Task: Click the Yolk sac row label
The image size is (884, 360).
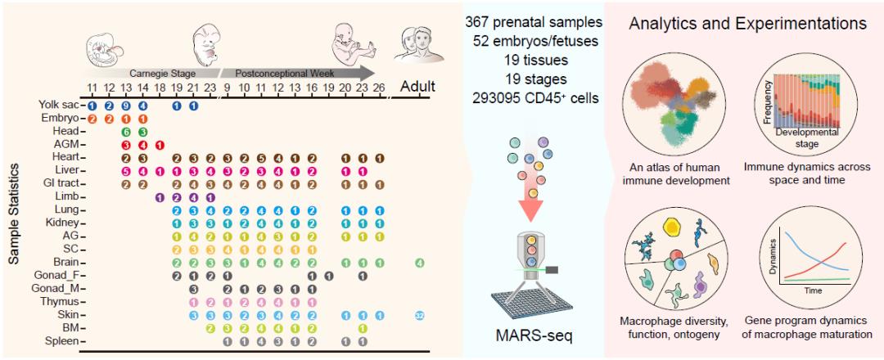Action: coord(57,105)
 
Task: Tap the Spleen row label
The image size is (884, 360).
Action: coord(64,340)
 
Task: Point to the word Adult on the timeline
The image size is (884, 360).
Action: coord(417,86)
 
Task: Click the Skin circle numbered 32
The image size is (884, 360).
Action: coord(419,315)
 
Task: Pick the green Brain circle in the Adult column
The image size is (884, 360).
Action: coord(419,263)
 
